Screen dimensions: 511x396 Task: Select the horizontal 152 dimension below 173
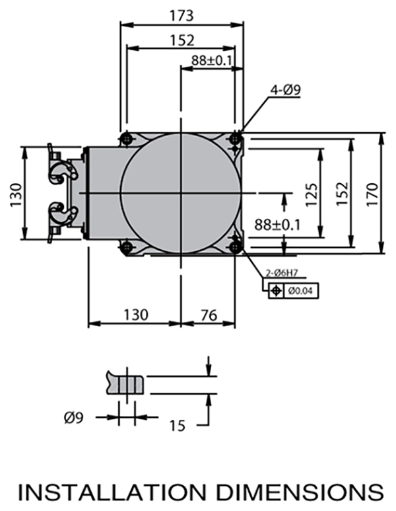[x=181, y=40]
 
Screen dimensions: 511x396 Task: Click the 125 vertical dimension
[x=312, y=192]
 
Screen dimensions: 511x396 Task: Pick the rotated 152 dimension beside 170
[x=342, y=194]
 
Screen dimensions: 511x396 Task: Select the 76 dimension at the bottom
[x=208, y=315]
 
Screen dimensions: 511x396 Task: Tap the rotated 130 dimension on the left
[x=15, y=194]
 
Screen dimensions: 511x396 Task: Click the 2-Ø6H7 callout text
[x=279, y=272]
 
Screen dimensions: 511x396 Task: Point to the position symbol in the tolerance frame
[x=276, y=290]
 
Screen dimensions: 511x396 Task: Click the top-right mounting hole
[x=234, y=138]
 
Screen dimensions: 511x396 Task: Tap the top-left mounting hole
[x=126, y=138]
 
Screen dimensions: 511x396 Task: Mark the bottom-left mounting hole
[x=125, y=247]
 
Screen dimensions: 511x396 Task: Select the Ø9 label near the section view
[x=74, y=418]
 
